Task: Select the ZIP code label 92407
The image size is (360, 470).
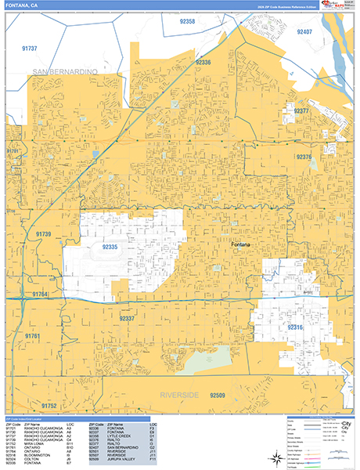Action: pos(304,31)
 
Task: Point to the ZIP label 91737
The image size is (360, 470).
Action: pos(31,48)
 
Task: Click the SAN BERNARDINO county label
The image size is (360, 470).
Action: pos(65,72)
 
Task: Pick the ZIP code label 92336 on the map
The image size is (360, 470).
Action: pos(203,62)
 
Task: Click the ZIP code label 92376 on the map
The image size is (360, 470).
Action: pos(304,157)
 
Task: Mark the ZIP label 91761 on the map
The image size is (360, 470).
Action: pos(31,335)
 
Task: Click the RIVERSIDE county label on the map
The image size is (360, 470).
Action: pos(181,393)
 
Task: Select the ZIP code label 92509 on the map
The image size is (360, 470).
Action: pos(222,396)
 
